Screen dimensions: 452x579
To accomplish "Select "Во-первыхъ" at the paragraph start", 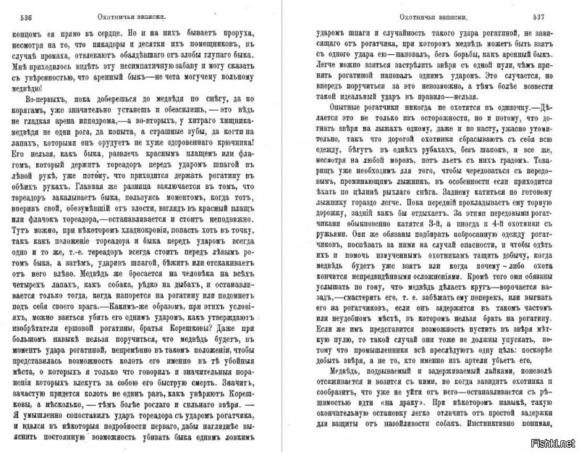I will click(x=36, y=112).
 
